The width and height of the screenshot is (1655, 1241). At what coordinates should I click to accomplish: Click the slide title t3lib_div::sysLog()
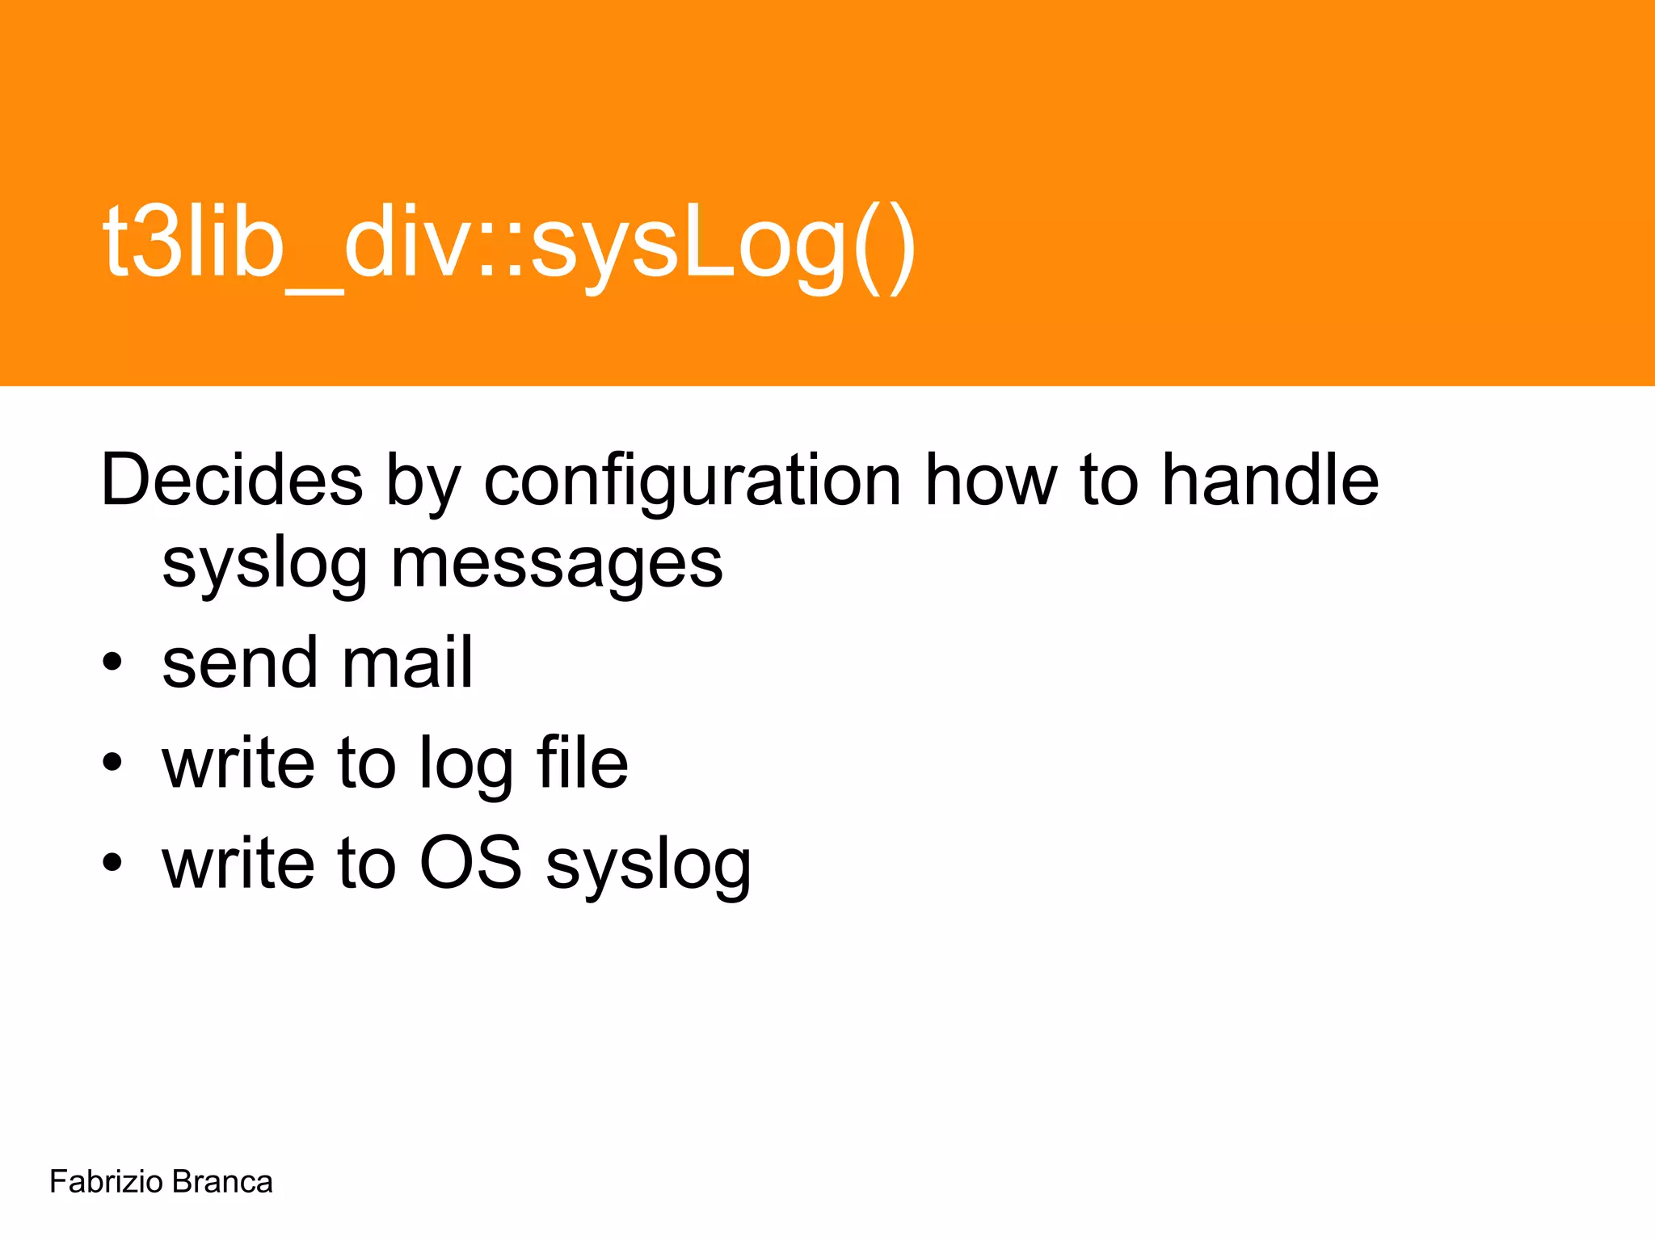[x=509, y=242]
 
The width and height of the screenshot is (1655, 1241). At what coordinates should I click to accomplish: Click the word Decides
[x=232, y=480]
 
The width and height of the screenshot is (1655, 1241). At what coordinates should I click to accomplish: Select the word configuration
[x=692, y=482]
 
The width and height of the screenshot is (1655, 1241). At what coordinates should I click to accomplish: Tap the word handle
[x=1270, y=480]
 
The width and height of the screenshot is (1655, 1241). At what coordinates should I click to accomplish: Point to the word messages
[x=557, y=563]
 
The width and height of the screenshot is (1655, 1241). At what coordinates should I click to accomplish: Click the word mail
[x=406, y=663]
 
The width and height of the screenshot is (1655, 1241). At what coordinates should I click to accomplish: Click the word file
[x=582, y=763]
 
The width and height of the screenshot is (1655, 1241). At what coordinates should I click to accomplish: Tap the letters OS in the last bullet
[x=470, y=863]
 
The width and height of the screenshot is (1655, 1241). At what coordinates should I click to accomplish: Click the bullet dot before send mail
[x=112, y=663]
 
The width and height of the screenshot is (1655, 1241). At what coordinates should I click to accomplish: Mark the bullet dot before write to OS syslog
[x=112, y=864]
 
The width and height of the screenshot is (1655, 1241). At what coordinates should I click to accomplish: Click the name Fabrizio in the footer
[x=106, y=1182]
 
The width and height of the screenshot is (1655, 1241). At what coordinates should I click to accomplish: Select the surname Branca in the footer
[x=222, y=1182]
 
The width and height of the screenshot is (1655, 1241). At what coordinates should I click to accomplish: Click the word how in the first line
[x=991, y=482]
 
